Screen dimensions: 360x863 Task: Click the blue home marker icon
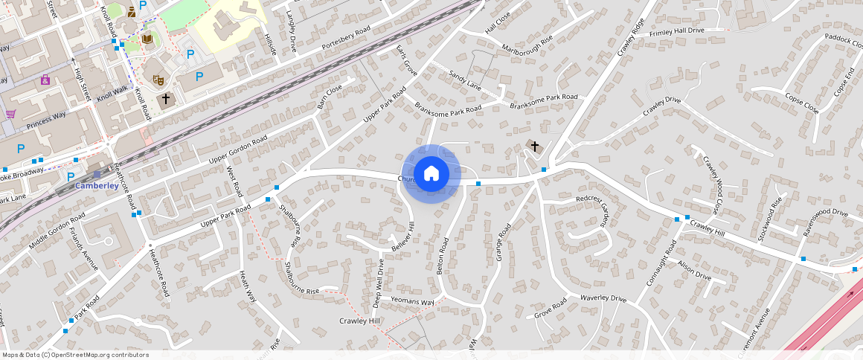pos(431,174)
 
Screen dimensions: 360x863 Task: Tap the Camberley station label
pos(97,186)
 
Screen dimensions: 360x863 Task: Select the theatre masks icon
pos(158,79)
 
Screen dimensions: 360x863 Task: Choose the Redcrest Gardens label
pos(603,212)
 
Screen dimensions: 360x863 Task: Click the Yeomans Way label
pos(412,302)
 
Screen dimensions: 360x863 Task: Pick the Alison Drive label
pos(694,270)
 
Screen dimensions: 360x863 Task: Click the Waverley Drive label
pos(603,299)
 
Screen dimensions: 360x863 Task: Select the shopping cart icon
pos(10,115)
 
